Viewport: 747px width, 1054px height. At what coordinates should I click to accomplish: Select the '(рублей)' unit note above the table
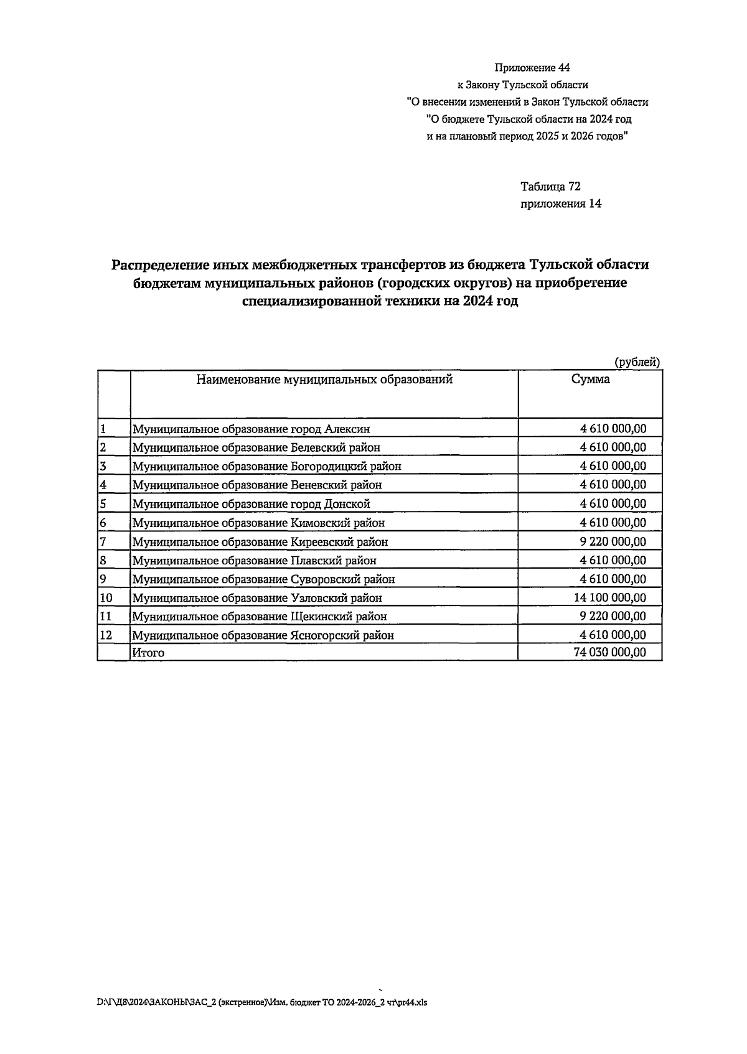pos(637,362)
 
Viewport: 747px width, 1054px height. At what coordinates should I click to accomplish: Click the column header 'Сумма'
pos(590,380)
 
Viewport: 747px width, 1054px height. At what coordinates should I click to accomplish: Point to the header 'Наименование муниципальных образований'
pos(324,380)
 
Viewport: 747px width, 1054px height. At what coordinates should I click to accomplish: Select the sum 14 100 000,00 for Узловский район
pos(609,597)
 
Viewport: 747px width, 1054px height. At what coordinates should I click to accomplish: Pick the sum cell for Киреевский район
pos(613,541)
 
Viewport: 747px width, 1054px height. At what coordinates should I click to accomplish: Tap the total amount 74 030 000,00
pos(609,652)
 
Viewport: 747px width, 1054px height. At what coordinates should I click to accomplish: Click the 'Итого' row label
pos(148,653)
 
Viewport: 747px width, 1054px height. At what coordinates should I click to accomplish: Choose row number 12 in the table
pos(106,635)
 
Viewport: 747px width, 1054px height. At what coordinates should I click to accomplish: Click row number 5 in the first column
pos(103,503)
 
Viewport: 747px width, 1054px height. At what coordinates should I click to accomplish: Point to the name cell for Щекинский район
pos(259,617)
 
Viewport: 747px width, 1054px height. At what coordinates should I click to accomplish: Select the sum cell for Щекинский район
pos(613,616)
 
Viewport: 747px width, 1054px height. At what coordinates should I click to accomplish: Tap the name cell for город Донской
pos(251,504)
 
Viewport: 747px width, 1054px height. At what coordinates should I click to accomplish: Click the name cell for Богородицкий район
pos(266,466)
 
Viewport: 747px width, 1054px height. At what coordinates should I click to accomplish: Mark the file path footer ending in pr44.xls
pos(262,1002)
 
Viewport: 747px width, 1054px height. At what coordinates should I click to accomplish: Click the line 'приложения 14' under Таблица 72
pos(561,203)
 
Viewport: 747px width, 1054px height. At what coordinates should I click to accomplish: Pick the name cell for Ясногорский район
pos(263,635)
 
